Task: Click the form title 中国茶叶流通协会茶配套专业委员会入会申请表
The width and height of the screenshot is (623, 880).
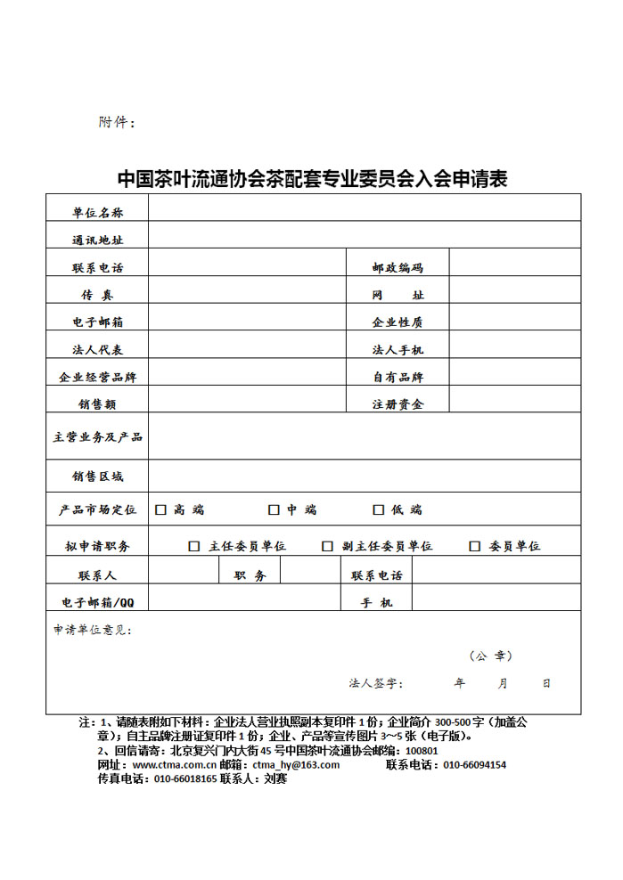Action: (312, 178)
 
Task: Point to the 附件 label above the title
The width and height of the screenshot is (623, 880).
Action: (116, 122)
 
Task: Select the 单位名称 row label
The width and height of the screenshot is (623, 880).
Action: (98, 213)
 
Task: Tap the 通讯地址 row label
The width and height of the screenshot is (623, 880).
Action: (98, 240)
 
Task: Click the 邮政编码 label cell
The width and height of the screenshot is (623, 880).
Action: (398, 267)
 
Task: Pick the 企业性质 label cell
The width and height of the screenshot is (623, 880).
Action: (398, 322)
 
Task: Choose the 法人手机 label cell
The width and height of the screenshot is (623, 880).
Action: (398, 350)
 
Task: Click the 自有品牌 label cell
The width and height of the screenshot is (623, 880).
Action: (398, 377)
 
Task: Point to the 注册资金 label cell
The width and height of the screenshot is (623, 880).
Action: (398, 404)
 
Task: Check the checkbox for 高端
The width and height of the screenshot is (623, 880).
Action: (161, 510)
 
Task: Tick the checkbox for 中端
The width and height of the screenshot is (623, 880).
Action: (274, 510)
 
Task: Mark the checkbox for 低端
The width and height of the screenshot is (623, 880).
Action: (378, 510)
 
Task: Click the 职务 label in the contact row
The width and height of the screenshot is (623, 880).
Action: (250, 576)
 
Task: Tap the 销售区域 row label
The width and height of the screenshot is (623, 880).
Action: (98, 477)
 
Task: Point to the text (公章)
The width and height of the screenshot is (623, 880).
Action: (491, 656)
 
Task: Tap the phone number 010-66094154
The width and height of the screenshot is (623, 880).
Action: (474, 765)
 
